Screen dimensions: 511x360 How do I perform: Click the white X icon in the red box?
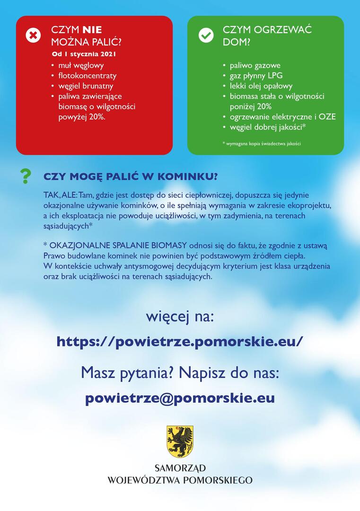point(33,35)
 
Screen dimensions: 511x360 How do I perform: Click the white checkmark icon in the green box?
point(206,35)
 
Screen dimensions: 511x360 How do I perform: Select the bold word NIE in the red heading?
point(92,30)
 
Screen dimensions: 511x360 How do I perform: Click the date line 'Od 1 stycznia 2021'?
point(84,54)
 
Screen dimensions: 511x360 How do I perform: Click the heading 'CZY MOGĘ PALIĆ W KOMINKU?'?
point(131,176)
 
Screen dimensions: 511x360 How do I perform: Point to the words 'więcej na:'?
point(180,316)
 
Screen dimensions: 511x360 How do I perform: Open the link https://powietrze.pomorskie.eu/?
point(180,341)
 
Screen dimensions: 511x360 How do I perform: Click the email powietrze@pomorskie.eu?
point(180,398)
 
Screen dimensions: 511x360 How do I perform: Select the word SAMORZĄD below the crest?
point(180,468)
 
